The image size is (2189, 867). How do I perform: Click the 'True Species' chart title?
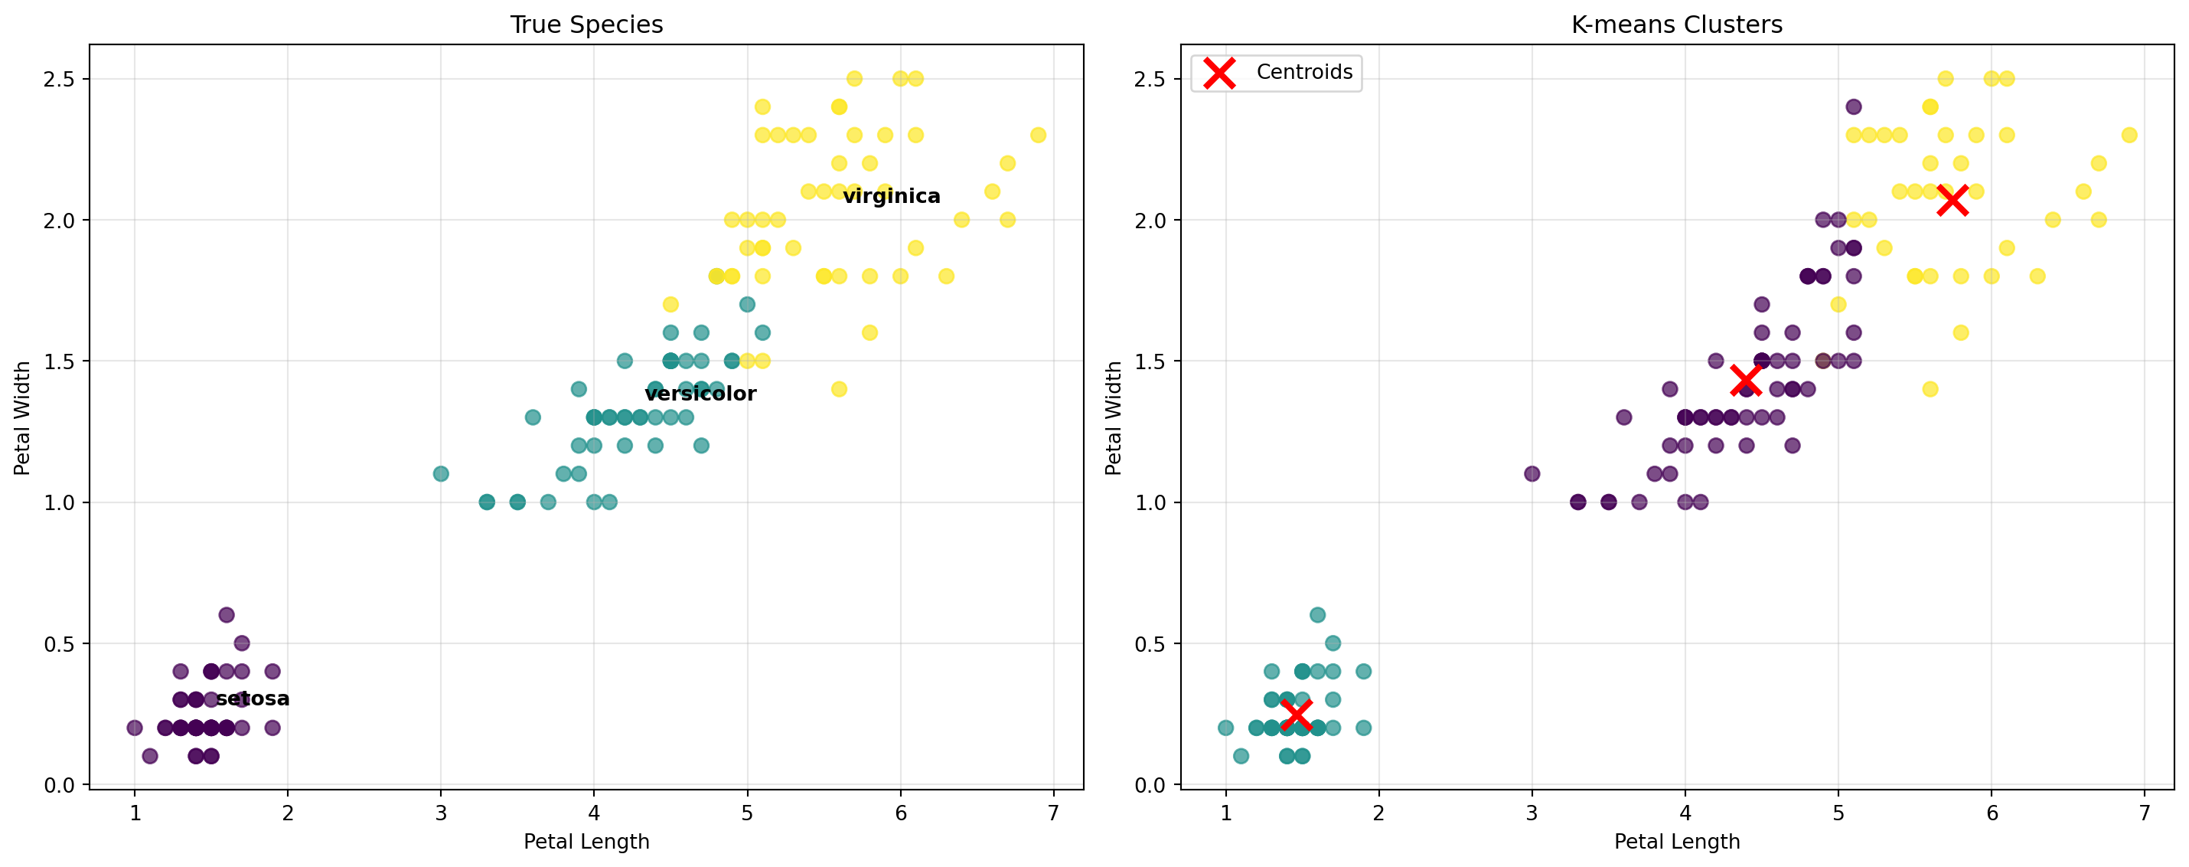pos(586,25)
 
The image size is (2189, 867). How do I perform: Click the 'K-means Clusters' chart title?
pos(1677,25)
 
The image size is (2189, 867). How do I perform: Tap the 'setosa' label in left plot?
pos(253,699)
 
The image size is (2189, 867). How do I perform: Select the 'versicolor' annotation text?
pos(700,394)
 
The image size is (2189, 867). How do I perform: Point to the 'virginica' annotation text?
pos(892,196)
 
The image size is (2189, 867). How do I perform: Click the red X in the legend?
pos(1220,73)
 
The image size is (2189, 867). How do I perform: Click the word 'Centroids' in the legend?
pos(1304,72)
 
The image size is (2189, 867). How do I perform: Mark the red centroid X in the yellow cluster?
pos(1952,201)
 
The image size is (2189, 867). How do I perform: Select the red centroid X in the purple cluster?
pos(1745,381)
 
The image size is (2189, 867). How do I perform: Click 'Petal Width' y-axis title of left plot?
pos(23,417)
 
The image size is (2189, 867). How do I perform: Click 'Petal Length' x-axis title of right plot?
pos(1677,842)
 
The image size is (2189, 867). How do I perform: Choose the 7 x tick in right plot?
pos(2144,813)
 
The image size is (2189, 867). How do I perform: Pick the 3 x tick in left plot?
pos(441,813)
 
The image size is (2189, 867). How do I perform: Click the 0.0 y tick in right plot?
pos(1150,784)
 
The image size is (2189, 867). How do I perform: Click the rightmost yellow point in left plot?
pos(1038,135)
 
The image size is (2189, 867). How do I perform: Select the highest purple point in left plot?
pos(226,614)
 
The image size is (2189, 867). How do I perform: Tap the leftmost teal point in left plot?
pos(441,473)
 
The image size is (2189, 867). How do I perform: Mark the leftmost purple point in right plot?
pos(1532,473)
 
